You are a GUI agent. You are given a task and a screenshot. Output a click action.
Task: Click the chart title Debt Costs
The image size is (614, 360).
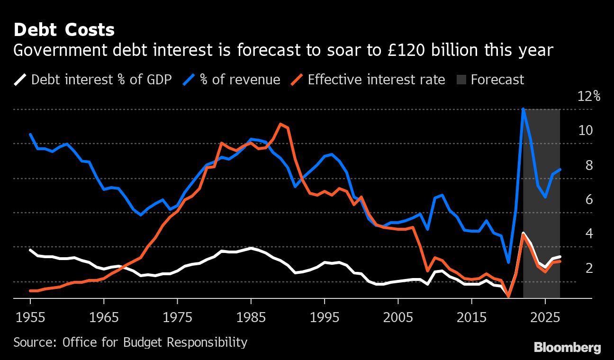(64, 30)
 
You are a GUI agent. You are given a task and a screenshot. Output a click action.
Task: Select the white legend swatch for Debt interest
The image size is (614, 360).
(20, 79)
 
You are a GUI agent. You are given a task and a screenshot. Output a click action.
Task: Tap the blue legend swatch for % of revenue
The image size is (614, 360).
(189, 79)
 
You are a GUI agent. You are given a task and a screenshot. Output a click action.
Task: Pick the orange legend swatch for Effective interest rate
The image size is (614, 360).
(297, 79)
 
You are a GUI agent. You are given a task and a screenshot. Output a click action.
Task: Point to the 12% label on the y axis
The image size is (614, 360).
(589, 97)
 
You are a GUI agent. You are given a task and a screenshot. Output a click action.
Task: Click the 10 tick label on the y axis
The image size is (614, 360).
(586, 131)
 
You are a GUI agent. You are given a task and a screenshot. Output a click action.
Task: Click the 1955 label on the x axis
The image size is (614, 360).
(30, 317)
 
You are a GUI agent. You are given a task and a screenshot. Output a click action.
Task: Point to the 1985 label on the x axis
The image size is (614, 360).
(251, 317)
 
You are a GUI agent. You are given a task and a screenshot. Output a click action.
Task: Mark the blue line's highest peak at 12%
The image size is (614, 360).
(523, 109)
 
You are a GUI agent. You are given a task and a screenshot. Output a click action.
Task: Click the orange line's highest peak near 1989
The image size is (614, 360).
(280, 124)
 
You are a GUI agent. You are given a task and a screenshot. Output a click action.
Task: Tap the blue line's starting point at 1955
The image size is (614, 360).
(30, 135)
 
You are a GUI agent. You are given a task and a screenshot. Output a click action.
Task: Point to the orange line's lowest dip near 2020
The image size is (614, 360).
(508, 297)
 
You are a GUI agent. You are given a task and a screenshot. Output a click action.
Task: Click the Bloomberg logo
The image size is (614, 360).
(567, 348)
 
